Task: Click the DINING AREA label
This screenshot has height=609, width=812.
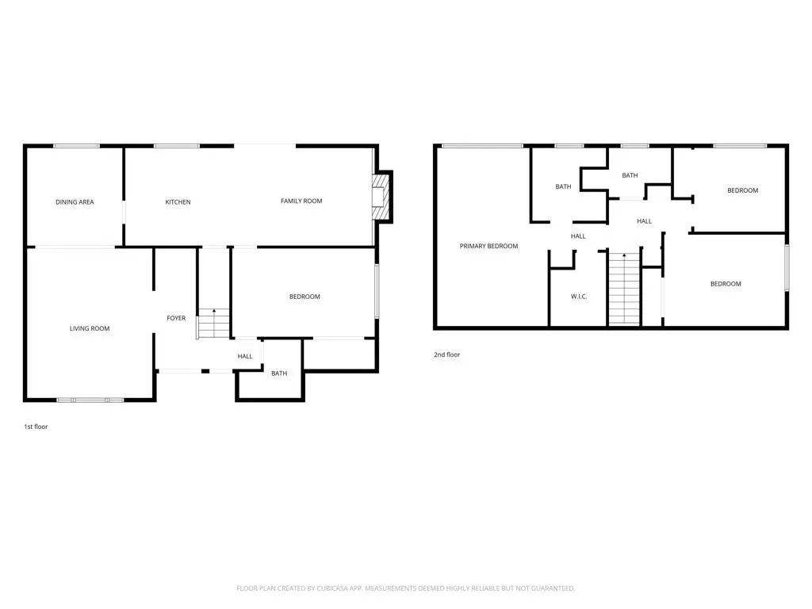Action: [75, 202]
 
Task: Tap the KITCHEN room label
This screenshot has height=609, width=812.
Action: [178, 202]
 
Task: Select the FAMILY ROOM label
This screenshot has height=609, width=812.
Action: [301, 201]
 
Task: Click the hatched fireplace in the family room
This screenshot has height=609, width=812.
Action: [381, 197]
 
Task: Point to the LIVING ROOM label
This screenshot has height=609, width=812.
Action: [90, 328]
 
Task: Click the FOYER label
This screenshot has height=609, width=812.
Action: [176, 318]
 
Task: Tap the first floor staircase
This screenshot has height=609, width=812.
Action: [213, 324]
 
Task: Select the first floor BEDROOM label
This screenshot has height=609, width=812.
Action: [304, 297]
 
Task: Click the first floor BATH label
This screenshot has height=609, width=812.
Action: [279, 373]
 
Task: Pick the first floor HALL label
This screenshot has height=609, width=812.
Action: [245, 356]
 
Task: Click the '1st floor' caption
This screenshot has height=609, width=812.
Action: [36, 427]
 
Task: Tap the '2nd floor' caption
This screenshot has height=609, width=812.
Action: [447, 354]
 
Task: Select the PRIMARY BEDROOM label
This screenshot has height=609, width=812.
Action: [488, 246]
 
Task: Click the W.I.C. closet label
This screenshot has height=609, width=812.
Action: [579, 297]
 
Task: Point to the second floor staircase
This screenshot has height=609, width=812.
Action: [624, 289]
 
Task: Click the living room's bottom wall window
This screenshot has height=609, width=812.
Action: [90, 400]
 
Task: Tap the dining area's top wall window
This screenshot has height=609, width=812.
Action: [77, 146]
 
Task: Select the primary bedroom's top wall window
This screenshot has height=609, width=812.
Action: [483, 146]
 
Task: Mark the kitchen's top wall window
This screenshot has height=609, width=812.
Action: [177, 146]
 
